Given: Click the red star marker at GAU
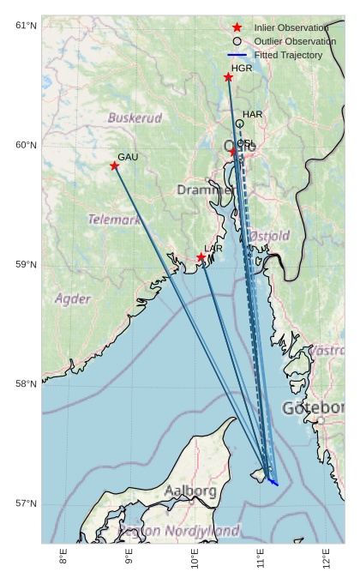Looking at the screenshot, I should point(115,166).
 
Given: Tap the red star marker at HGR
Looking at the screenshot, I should point(229,77).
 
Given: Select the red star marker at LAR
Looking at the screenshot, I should point(201,257).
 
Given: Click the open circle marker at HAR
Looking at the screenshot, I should point(240,123).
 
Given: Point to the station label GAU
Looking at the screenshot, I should point(128,157).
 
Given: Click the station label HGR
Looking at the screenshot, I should point(242,68).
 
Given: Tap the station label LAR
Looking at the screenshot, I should point(213,249).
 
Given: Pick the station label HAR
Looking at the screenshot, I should point(252,114).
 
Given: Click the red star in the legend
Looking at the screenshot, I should point(237,28).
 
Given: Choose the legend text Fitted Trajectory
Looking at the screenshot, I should point(288,55).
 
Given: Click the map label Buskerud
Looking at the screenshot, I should point(135,117).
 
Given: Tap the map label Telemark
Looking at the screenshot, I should point(114,220).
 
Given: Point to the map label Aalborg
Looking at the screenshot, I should point(190,491).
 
